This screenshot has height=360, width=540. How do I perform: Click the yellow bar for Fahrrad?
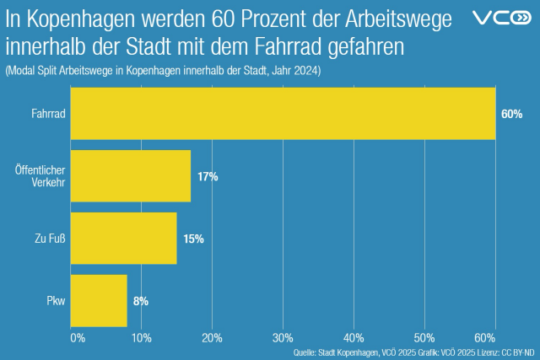(283, 113)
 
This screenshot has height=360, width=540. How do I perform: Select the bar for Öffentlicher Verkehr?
(131, 176)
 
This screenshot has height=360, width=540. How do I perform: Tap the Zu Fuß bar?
(123, 239)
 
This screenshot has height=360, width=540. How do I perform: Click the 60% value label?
(511, 114)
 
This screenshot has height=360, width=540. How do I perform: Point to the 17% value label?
(208, 176)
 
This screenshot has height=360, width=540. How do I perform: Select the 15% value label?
(193, 239)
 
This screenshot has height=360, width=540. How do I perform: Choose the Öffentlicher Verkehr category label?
(41, 176)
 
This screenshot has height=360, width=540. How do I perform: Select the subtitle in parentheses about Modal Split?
(163, 71)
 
